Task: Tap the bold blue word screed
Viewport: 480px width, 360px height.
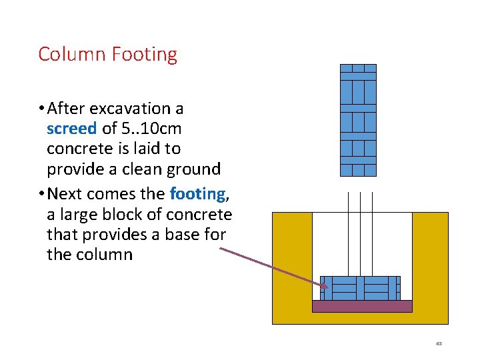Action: pyautogui.click(x=71, y=128)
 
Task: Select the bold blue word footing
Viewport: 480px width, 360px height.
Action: pyautogui.click(x=197, y=194)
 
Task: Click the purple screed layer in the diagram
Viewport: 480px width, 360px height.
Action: pyautogui.click(x=362, y=306)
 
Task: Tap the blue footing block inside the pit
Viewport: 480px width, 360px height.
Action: pyautogui.click(x=360, y=288)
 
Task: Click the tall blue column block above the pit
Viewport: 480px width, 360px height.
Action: pyautogui.click(x=358, y=120)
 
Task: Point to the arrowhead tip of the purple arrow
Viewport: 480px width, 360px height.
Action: pyautogui.click(x=327, y=288)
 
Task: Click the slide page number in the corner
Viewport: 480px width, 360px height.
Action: pyautogui.click(x=439, y=343)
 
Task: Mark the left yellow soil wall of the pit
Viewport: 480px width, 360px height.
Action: pyautogui.click(x=292, y=267)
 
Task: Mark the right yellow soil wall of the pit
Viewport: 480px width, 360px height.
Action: pyautogui.click(x=430, y=267)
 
